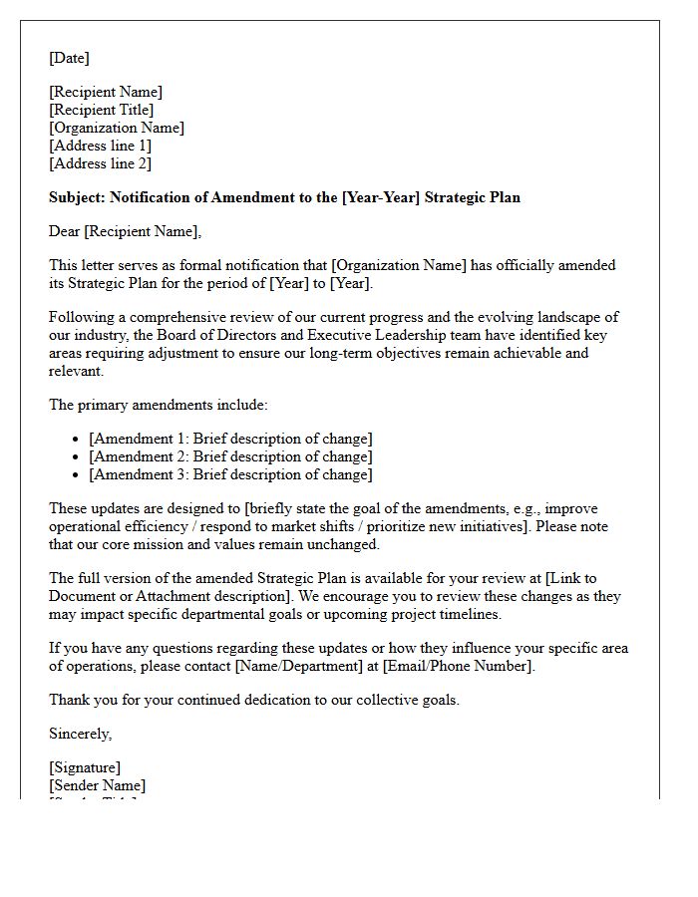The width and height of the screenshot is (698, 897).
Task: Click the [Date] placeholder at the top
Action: click(x=69, y=58)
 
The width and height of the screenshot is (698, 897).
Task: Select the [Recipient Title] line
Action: click(x=102, y=110)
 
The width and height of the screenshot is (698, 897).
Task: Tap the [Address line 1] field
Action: click(x=100, y=146)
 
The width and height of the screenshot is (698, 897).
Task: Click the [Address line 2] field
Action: click(x=100, y=163)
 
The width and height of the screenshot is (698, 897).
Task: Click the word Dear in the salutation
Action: click(x=65, y=231)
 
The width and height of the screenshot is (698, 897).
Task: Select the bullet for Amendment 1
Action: click(x=77, y=440)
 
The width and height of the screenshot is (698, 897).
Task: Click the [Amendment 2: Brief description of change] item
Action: click(x=230, y=456)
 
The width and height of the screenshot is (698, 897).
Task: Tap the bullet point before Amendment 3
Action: click(x=77, y=475)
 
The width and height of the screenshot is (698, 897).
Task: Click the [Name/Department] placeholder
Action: click(x=299, y=666)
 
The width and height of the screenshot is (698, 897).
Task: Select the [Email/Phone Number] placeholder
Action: click(x=459, y=666)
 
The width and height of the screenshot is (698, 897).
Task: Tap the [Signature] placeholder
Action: click(x=85, y=767)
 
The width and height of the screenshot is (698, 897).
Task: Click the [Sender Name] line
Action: click(x=97, y=785)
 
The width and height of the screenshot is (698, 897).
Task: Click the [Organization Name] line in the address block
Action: click(x=117, y=128)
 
